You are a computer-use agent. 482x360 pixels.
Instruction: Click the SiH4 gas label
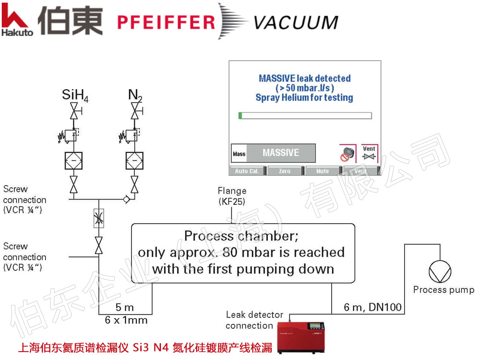tap(75, 95)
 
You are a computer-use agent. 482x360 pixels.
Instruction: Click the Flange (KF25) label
tap(232, 196)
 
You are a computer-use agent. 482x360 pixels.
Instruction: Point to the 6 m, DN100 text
tap(372, 307)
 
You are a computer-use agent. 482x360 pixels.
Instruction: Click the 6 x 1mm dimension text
tap(126, 320)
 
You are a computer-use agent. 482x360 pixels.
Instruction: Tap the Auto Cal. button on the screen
tap(247, 171)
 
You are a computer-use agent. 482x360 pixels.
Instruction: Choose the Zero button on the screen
tap(285, 171)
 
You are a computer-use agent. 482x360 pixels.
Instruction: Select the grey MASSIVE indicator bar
tap(281, 153)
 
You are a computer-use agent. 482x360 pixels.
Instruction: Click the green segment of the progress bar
tap(241, 116)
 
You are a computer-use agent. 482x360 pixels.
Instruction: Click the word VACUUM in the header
tap(296, 22)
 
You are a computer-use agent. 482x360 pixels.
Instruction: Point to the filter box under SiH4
tap(74, 160)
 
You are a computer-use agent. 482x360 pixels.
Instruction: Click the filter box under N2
tap(135, 160)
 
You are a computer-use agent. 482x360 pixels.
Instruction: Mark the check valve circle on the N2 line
tap(127, 199)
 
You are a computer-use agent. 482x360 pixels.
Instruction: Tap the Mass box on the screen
tap(239, 153)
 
